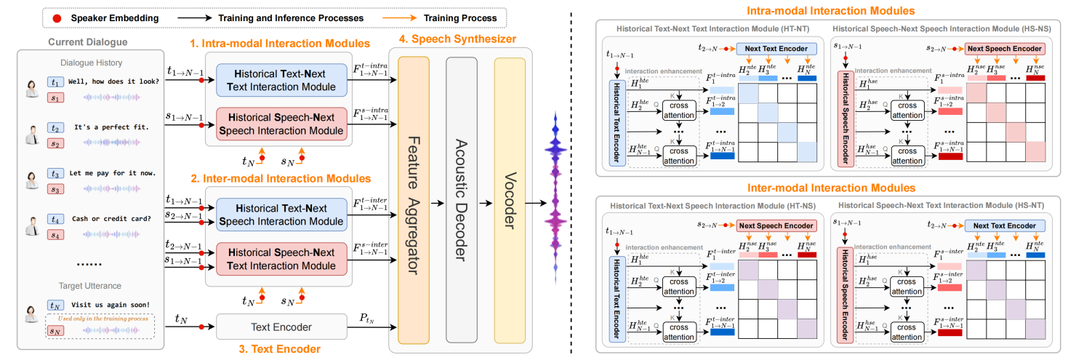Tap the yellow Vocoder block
pyautogui.click(x=509, y=196)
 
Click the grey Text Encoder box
pyautogui.click(x=281, y=327)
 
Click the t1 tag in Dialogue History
pyautogui.click(x=55, y=82)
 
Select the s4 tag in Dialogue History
pyautogui.click(x=55, y=234)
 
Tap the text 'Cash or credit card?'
pyautogui.click(x=111, y=218)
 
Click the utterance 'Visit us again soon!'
pyautogui.click(x=110, y=304)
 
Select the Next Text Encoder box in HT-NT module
pyautogui.click(x=777, y=49)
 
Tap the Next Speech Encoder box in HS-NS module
pyautogui.click(x=1004, y=49)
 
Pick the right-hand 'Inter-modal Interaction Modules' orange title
pyautogui.click(x=827, y=188)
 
